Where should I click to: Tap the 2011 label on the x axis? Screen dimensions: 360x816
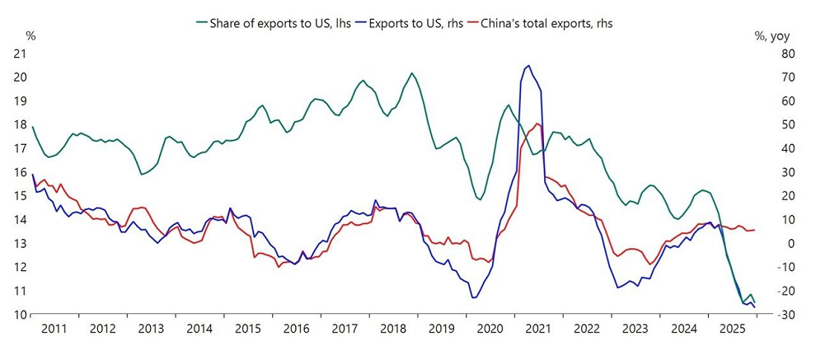coord(54,329)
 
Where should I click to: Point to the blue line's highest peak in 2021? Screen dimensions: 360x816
coord(528,66)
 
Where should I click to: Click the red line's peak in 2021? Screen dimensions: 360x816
coord(537,124)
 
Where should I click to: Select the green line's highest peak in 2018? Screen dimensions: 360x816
coord(411,73)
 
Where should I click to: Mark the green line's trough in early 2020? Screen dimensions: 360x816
coord(481,199)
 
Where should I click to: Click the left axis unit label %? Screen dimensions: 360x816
coord(30,35)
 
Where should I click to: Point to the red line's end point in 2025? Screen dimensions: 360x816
coord(755,230)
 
